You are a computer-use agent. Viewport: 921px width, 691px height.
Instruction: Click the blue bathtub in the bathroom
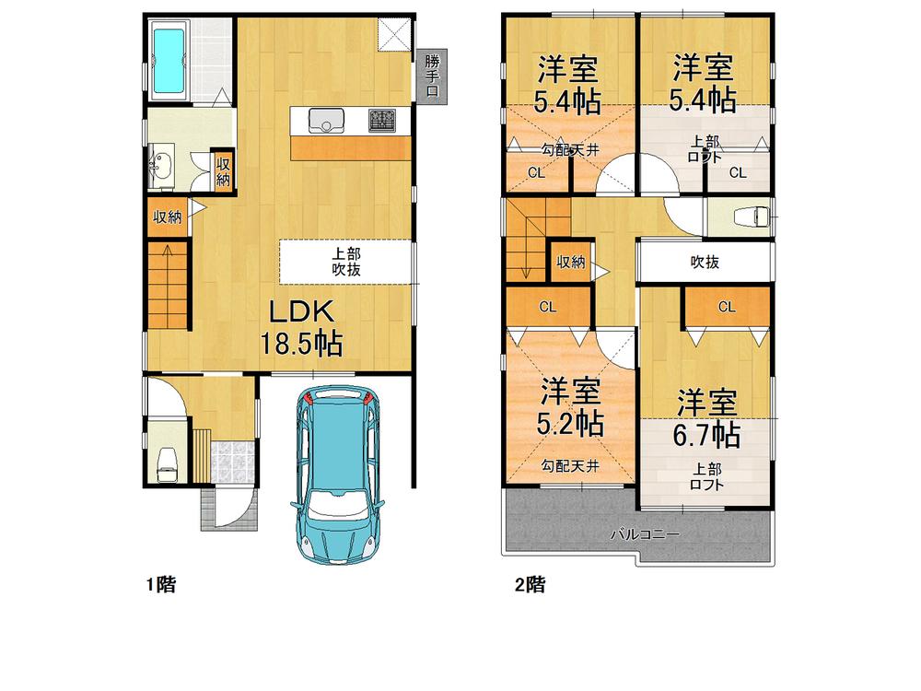pos(169,61)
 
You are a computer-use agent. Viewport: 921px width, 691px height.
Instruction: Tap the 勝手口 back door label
pos(432,75)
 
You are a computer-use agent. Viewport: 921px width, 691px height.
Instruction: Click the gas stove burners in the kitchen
pos(382,121)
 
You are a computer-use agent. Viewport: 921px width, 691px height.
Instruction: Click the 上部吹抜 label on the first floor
pos(346,263)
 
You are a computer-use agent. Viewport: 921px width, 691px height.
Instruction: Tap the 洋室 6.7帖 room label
pos(706,418)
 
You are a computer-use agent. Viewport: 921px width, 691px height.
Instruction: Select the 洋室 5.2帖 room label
pos(570,407)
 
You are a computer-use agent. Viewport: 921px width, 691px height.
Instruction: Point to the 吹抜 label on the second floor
pos(705,263)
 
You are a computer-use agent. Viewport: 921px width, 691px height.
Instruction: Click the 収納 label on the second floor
pos(570,263)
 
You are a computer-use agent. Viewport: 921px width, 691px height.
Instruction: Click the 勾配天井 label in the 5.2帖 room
pos(569,466)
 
